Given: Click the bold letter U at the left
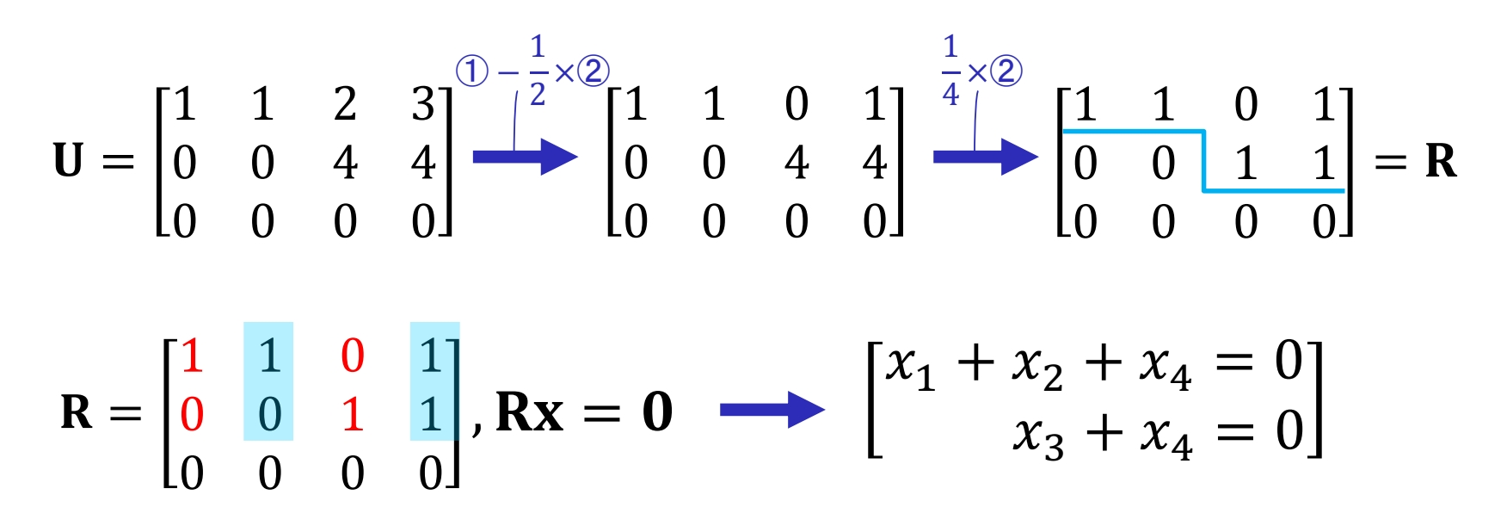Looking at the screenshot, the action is (68, 161).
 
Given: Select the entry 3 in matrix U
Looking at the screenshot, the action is (423, 104).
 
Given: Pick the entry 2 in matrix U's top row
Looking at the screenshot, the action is (345, 104).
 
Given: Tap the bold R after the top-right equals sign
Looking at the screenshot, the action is (1442, 161).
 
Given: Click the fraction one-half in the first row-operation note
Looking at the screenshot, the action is (538, 71).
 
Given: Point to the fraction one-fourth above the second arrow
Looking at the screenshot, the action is (950, 71).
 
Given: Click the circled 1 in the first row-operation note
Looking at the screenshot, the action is (471, 71).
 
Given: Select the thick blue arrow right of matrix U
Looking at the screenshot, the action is (525, 157).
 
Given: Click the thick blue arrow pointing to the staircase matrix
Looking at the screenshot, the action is (986, 157).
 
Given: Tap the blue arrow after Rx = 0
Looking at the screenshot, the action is (772, 410).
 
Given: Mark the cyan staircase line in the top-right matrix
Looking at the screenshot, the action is (1203, 161).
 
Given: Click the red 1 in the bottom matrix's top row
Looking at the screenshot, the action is (192, 356).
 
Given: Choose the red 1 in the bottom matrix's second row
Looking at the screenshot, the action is (352, 415).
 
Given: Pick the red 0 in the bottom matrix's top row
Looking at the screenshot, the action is (353, 356).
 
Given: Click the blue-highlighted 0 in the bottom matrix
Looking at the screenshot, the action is (270, 415).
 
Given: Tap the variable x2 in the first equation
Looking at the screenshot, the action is (1037, 368).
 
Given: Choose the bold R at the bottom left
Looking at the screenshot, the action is (77, 411).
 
